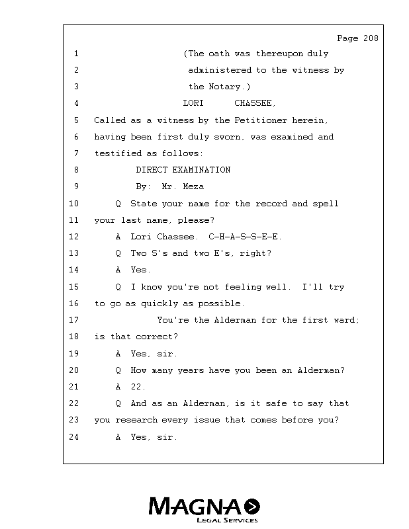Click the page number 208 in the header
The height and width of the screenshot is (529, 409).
(x=371, y=38)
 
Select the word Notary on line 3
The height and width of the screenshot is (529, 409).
(x=224, y=87)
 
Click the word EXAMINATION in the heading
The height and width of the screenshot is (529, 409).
(x=202, y=170)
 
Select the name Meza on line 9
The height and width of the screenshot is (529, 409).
(x=193, y=186)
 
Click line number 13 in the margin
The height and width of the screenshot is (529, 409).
(x=73, y=253)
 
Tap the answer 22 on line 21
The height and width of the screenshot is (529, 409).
(x=136, y=387)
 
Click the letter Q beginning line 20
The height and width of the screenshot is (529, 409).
(x=118, y=370)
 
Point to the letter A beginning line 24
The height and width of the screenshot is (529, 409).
(x=118, y=437)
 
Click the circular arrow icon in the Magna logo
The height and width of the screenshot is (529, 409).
(x=252, y=506)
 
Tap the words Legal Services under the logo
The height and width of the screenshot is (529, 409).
(x=227, y=520)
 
